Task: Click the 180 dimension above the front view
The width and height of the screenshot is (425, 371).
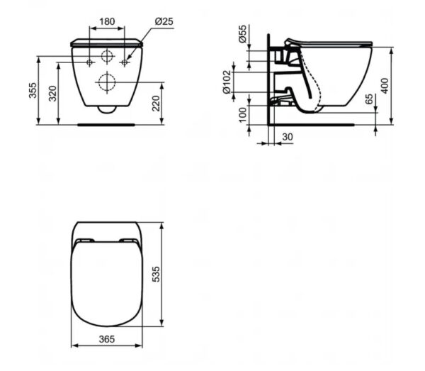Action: (106, 21)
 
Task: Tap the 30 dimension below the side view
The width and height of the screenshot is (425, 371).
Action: (288, 135)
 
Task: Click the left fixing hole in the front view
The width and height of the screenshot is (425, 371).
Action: (89, 63)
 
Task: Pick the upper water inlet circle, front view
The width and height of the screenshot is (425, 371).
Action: (107, 57)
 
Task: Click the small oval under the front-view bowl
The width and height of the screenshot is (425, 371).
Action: (106, 109)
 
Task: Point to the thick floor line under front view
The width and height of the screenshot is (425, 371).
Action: (106, 124)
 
